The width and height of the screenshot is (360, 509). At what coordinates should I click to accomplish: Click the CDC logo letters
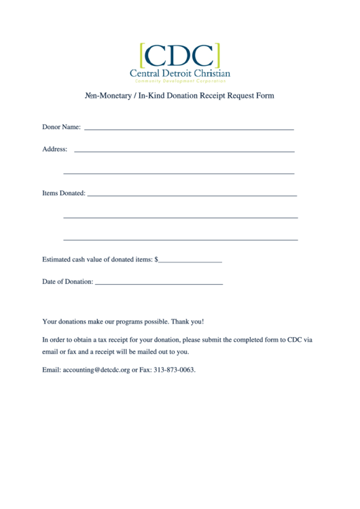(x=179, y=54)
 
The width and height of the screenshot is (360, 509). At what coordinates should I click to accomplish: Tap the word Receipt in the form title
(x=216, y=96)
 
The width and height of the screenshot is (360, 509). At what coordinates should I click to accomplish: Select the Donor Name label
(x=61, y=127)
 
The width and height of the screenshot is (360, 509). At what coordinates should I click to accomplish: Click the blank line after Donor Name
(x=189, y=128)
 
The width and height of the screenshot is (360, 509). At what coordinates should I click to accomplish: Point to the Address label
(x=54, y=149)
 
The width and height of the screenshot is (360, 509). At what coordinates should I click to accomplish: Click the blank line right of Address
(x=183, y=150)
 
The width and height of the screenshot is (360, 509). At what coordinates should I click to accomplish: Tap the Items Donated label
(x=64, y=193)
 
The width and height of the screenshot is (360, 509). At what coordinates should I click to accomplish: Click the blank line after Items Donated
(x=192, y=195)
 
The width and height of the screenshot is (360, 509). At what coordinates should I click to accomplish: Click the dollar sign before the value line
(x=156, y=259)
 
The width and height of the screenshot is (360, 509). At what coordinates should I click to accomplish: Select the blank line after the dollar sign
(x=190, y=261)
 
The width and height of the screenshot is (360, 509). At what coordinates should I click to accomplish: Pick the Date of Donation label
(x=67, y=281)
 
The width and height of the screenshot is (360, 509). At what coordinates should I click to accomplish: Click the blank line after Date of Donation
(x=159, y=283)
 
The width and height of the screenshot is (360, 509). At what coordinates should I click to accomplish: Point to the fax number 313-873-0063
(x=174, y=370)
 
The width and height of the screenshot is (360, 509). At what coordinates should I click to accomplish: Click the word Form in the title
(x=265, y=96)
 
